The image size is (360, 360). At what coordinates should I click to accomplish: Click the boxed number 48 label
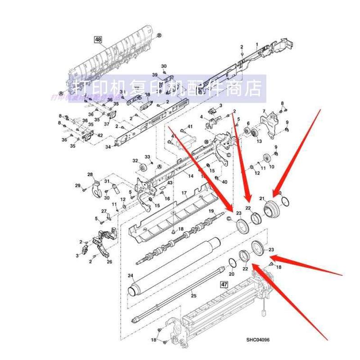click(98, 39)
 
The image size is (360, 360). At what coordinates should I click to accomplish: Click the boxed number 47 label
click(224, 285)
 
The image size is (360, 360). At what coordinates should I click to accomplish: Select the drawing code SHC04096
click(260, 340)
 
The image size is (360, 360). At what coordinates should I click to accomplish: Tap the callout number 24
click(130, 275)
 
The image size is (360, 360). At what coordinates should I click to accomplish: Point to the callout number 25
click(194, 295)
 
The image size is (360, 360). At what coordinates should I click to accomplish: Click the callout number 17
click(184, 193)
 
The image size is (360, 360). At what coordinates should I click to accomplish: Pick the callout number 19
click(211, 211)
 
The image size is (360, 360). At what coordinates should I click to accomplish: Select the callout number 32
click(135, 161)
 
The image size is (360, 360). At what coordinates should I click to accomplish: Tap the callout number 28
click(90, 175)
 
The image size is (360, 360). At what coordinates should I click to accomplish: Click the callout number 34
click(108, 147)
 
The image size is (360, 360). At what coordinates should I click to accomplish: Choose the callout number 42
click(100, 135)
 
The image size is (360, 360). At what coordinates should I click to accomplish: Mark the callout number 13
click(259, 141)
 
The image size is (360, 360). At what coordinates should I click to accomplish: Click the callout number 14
click(191, 175)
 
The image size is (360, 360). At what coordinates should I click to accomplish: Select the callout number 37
click(107, 124)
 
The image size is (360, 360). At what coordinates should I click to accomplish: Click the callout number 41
click(189, 127)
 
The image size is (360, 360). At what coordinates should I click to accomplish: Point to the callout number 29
click(77, 185)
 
